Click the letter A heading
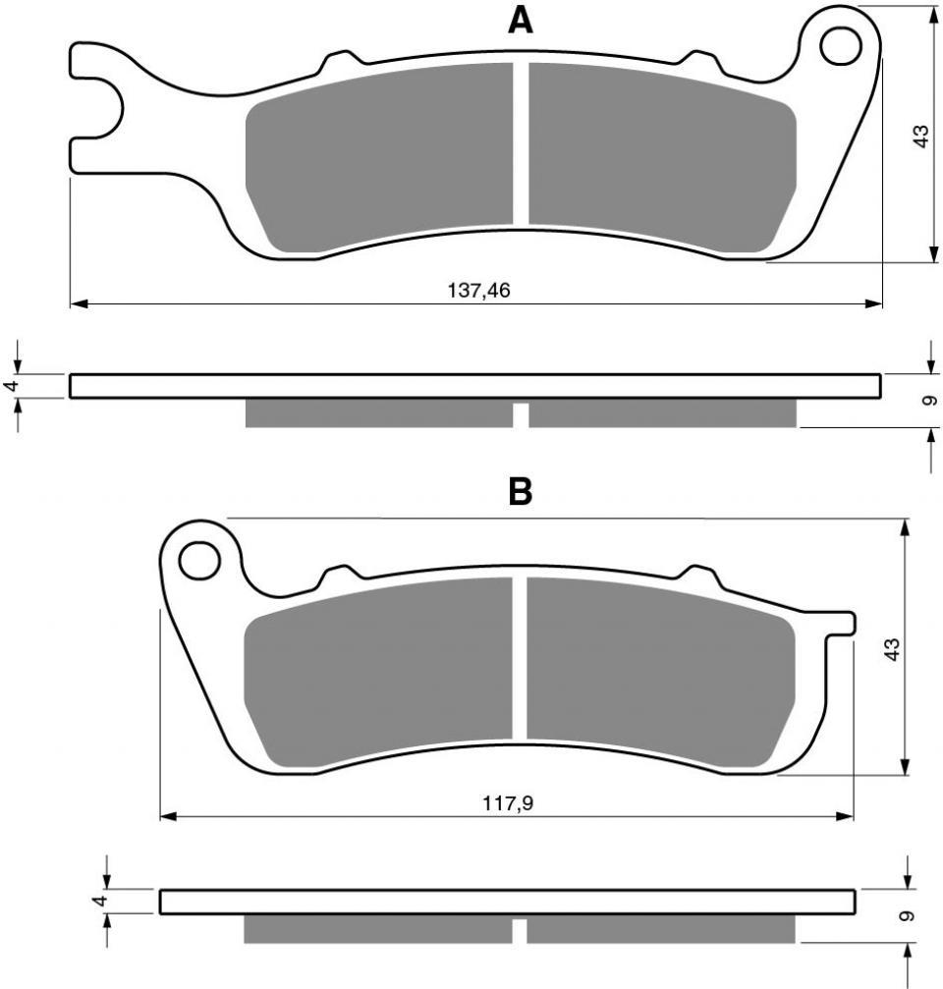[x=521, y=22]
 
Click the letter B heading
[x=521, y=491]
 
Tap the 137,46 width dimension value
[x=478, y=290]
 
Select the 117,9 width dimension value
[x=508, y=803]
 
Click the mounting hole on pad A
[x=841, y=45]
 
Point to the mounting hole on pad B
[x=199, y=561]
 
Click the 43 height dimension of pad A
[x=921, y=137]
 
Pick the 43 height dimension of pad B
[x=892, y=649]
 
